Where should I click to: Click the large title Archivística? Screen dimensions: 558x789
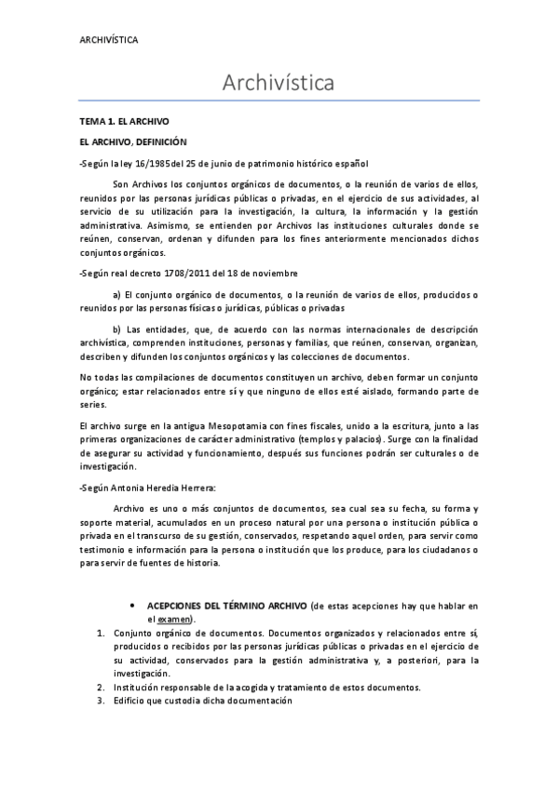(279, 84)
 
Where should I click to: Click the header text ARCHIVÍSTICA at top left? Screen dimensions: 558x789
(109, 40)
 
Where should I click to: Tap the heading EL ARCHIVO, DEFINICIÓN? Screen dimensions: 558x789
(134, 141)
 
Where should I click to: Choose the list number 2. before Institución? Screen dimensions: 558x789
(102, 688)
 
